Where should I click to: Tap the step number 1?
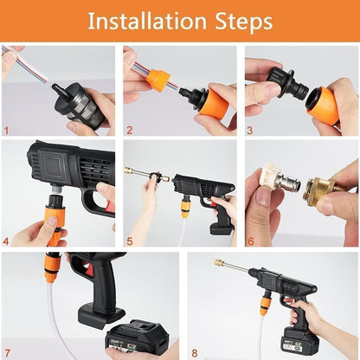click(x=7, y=130)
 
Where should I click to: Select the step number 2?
click(x=128, y=130)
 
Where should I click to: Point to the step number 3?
click(x=250, y=130)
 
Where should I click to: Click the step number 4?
click(x=7, y=241)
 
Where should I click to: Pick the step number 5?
click(x=128, y=241)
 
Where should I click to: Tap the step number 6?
click(x=250, y=241)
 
